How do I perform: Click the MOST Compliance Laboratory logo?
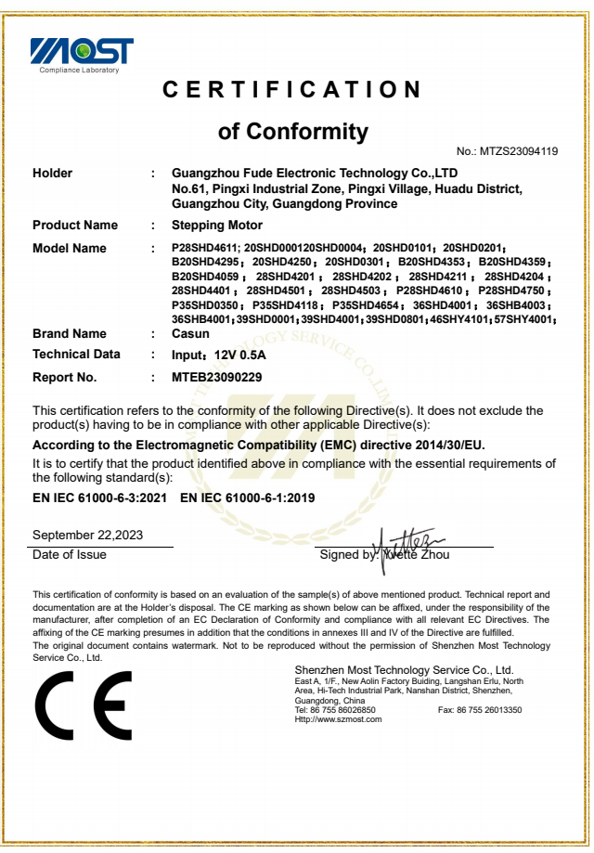pyautogui.click(x=81, y=54)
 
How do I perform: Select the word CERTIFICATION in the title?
pyautogui.click(x=292, y=90)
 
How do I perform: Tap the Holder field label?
pyautogui.click(x=52, y=174)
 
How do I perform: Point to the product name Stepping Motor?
pyautogui.click(x=217, y=226)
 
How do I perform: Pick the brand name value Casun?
pyautogui.click(x=190, y=333)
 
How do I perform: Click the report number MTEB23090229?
pyautogui.click(x=217, y=377)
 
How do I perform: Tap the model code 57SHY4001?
pyautogui.click(x=523, y=320)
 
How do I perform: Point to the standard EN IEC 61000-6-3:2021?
pyautogui.click(x=100, y=498)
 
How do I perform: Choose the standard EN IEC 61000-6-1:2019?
pyautogui.click(x=247, y=498)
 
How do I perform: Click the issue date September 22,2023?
pyautogui.click(x=87, y=536)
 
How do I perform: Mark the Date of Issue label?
pyautogui.click(x=70, y=555)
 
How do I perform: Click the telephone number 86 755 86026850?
pyautogui.click(x=341, y=710)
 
